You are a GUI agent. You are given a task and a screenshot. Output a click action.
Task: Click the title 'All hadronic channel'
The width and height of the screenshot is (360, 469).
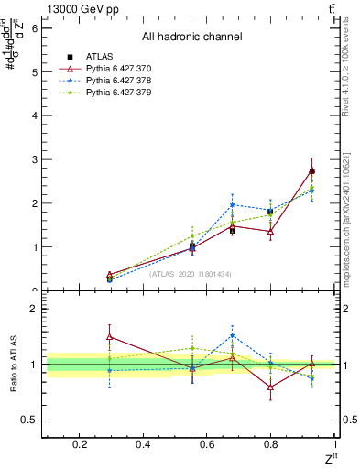pos(191,38)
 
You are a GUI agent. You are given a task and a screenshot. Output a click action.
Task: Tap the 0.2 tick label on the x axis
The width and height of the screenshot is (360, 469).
pos(79,444)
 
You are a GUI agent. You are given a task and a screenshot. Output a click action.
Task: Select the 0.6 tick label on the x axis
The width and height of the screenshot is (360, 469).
pos(207,444)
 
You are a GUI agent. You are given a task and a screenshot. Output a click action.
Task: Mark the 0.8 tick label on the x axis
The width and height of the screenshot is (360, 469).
pos(271,444)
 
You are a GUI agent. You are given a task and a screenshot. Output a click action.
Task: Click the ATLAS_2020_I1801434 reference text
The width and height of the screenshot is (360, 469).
pos(191,274)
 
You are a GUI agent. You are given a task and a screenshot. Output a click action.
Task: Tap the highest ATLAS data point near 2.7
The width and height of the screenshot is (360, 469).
pos(311,171)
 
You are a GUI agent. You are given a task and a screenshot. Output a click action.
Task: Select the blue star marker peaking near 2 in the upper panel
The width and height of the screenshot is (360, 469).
pos(233,205)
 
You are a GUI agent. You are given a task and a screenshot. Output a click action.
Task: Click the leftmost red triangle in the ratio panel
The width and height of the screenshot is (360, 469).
pos(110,337)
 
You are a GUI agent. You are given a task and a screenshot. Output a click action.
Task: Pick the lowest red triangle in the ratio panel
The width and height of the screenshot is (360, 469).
pos(271,387)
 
